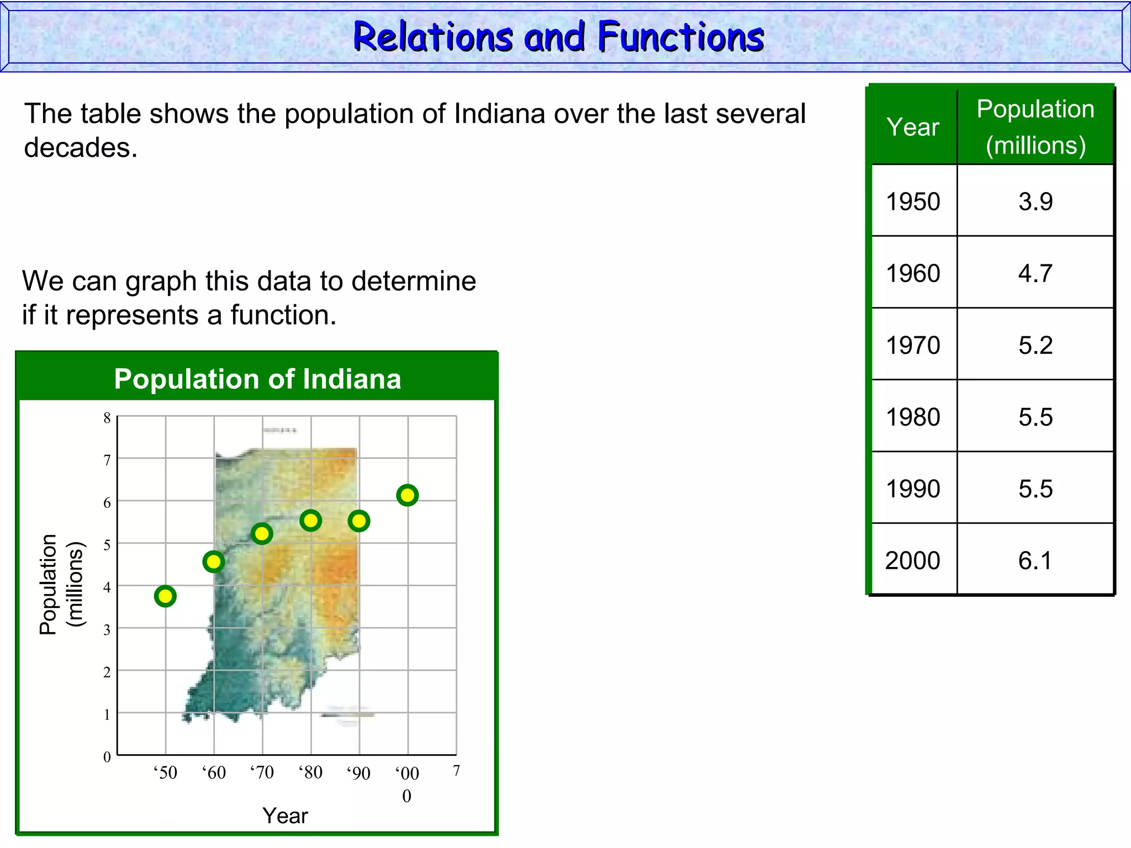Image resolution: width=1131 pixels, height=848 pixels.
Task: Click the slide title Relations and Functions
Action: click(x=558, y=37)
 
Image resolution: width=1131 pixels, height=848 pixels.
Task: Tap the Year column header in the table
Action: click(x=913, y=127)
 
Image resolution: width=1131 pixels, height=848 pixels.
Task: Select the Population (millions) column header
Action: click(x=1035, y=127)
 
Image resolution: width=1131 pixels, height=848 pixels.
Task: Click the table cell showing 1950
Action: click(x=913, y=202)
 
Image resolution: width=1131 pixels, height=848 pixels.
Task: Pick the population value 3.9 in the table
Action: click(x=1035, y=202)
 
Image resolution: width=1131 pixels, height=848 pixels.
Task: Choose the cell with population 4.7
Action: click(x=1035, y=273)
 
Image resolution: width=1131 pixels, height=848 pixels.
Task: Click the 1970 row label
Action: click(x=913, y=345)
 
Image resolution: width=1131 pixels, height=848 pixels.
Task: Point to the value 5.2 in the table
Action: click(x=1035, y=345)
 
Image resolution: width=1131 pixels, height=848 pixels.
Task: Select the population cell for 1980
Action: click(x=1035, y=417)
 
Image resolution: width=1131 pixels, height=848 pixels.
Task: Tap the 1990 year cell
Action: click(x=913, y=489)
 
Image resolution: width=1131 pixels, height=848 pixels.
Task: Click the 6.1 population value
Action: click(x=1035, y=560)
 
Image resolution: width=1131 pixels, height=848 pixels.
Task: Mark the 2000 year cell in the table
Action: click(x=913, y=560)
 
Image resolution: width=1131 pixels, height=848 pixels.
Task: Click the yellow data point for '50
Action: click(x=165, y=596)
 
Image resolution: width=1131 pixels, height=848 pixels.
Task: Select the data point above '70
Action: click(x=262, y=534)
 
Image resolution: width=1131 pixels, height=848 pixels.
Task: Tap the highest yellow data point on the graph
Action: click(x=408, y=495)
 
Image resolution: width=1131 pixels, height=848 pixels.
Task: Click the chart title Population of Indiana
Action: click(x=257, y=379)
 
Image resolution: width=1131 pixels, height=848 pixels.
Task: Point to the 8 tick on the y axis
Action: click(x=107, y=418)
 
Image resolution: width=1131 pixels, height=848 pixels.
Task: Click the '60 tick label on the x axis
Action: click(x=214, y=772)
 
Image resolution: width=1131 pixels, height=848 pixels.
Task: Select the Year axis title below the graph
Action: click(x=285, y=815)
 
